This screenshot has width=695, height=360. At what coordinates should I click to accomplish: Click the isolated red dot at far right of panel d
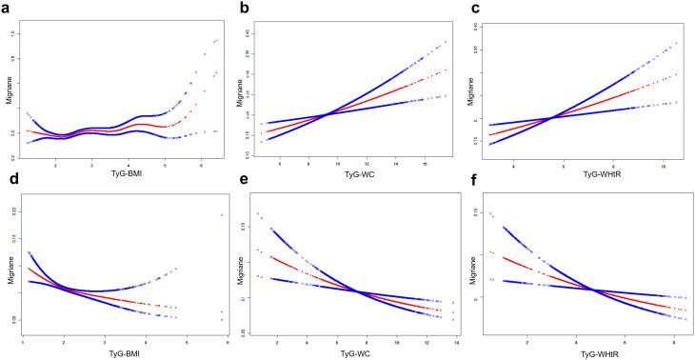(222, 312)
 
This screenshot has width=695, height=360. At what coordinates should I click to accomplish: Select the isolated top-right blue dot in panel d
(222, 215)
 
